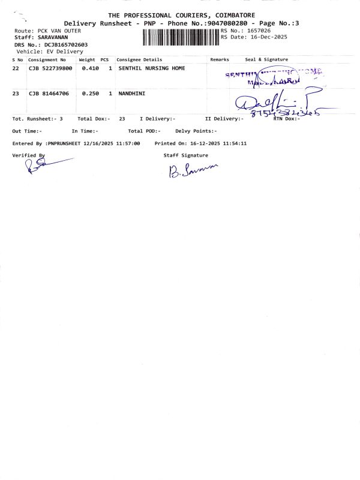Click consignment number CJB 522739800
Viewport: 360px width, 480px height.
click(50, 69)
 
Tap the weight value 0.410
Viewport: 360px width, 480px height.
click(90, 69)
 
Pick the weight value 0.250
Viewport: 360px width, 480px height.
click(90, 94)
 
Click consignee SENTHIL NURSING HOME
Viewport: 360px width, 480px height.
click(152, 69)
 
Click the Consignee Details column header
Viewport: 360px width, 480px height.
click(139, 60)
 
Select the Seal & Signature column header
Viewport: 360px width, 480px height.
click(266, 60)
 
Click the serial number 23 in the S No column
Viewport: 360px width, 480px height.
click(16, 94)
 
